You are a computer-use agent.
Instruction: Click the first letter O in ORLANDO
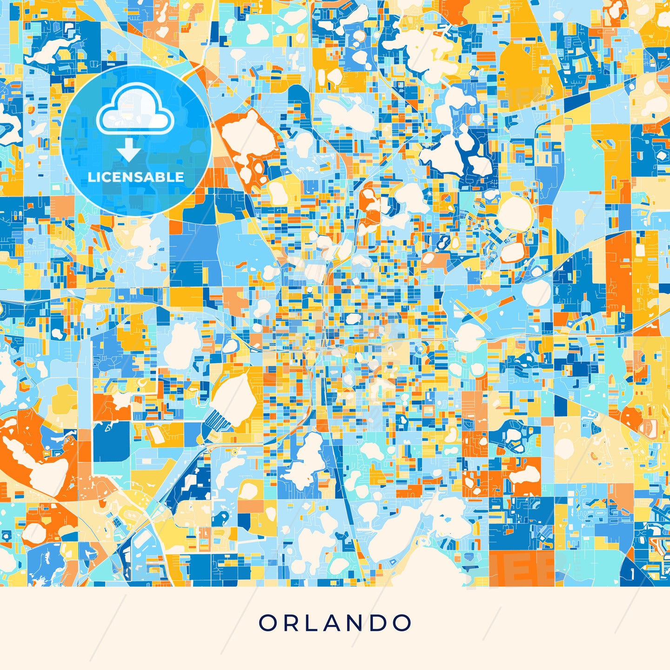pyautogui.click(x=268, y=623)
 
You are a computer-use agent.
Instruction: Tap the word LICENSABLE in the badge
pyautogui.click(x=136, y=177)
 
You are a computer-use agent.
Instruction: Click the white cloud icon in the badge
pyautogui.click(x=135, y=112)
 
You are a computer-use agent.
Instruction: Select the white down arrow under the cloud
pyautogui.click(x=129, y=151)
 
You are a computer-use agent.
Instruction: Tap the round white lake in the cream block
pyautogui.click(x=564, y=448)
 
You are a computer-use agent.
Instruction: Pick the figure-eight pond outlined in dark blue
pyautogui.click(x=443, y=241)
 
